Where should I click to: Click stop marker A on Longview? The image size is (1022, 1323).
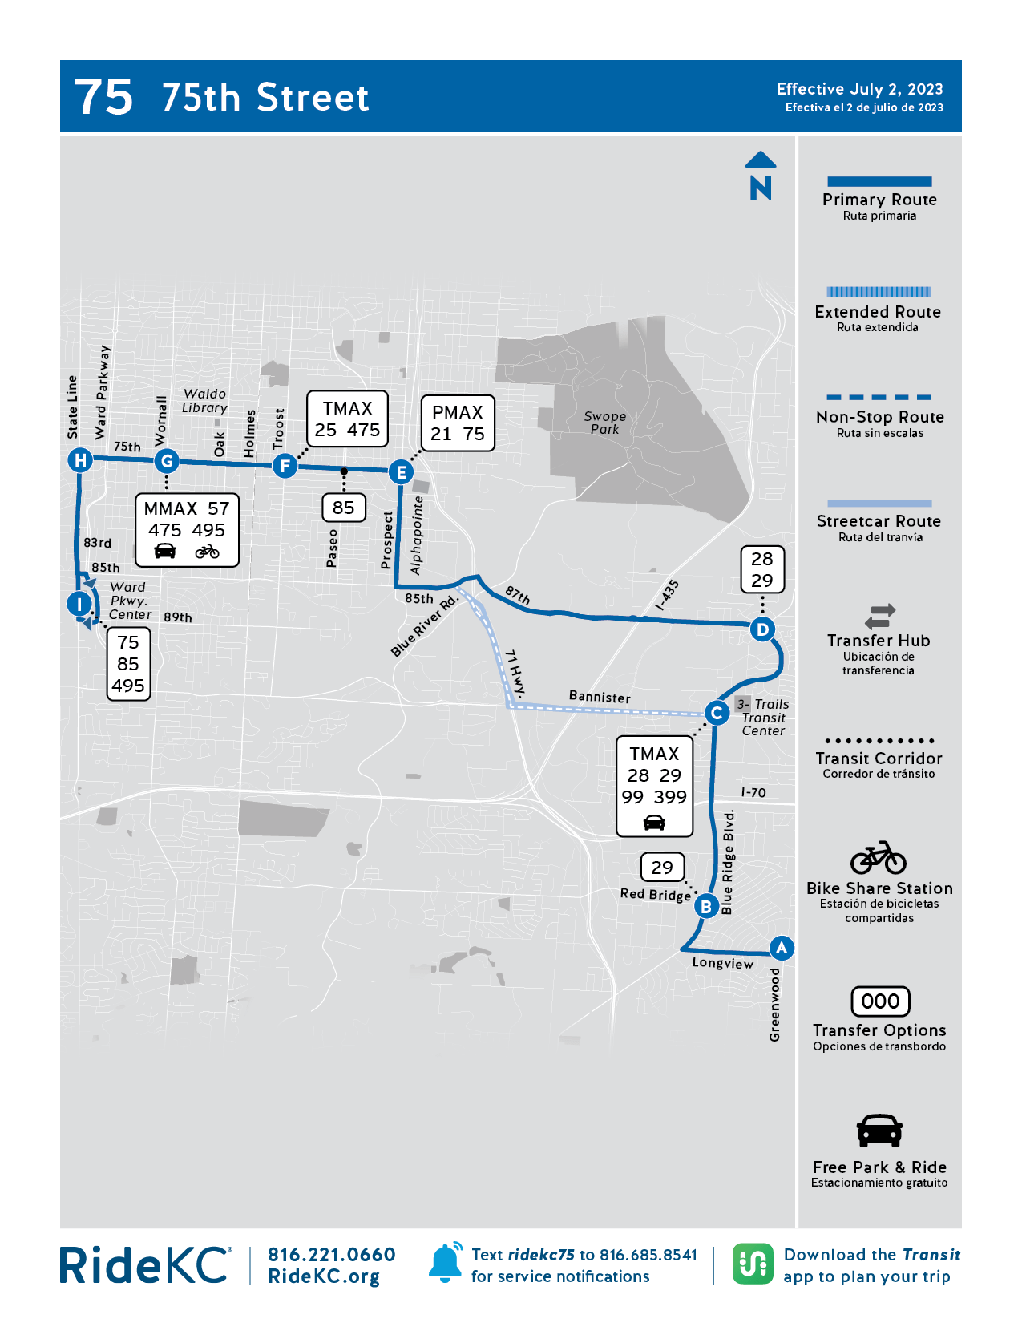[x=781, y=948]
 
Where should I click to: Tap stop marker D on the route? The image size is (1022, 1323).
[x=762, y=629]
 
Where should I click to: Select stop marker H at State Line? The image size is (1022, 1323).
[x=79, y=460]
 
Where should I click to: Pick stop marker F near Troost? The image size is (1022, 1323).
[x=285, y=465]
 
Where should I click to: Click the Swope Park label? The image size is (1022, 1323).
[x=604, y=423]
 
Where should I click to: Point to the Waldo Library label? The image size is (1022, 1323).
[x=204, y=401]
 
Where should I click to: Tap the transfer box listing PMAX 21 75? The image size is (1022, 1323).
[x=457, y=423]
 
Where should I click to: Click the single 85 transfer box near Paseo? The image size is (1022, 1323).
[x=343, y=508]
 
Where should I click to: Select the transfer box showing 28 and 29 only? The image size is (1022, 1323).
[x=761, y=569]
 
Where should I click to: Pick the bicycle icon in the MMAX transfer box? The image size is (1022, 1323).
[x=207, y=552]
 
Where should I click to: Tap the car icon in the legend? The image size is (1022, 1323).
[x=879, y=1131]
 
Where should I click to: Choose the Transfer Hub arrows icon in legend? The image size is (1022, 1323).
[x=879, y=616]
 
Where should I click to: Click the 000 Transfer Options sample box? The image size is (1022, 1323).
[x=879, y=1001]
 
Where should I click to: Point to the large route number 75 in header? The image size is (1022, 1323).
[x=104, y=97]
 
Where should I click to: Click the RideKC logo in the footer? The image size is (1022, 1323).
[x=145, y=1265]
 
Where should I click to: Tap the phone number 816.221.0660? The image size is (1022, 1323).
[x=332, y=1255]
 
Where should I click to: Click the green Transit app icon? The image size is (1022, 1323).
[x=753, y=1264]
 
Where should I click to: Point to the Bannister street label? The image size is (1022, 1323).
[x=600, y=696]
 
